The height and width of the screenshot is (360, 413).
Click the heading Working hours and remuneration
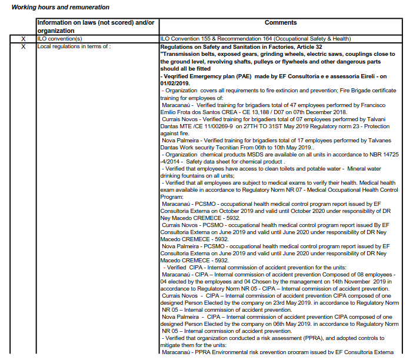tap(60, 7)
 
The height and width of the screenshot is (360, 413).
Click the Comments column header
tap(281, 23)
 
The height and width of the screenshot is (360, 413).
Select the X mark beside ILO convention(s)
tap(24, 38)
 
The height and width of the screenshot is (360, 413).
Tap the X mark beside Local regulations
tap(24, 46)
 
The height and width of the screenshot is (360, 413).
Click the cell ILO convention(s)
tap(59, 38)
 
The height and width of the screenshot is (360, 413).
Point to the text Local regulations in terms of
tap(74, 46)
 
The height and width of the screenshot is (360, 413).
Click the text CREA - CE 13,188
tap(222, 111)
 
